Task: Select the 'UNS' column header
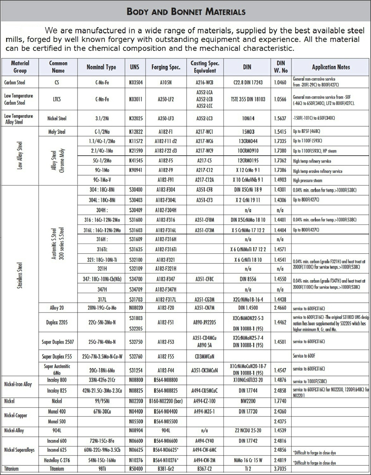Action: pyautogui.click(x=135, y=67)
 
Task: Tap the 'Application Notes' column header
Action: pyautogui.click(x=331, y=67)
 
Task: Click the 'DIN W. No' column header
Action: pyautogui.click(x=280, y=67)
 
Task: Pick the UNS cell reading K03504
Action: pyautogui.click(x=135, y=82)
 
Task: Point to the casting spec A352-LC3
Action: pyautogui.click(x=204, y=119)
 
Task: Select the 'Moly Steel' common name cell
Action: pyautogui.click(x=57, y=132)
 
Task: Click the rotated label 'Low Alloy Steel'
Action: pyautogui.click(x=20, y=155)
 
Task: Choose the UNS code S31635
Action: pyautogui.click(x=135, y=249)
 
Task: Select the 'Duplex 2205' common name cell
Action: pyautogui.click(x=57, y=322)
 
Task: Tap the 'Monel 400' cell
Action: pyautogui.click(x=57, y=412)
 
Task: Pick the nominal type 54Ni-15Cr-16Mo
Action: pyautogui.click(x=101, y=461)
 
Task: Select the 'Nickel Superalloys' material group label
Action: pyautogui.click(x=19, y=450)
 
